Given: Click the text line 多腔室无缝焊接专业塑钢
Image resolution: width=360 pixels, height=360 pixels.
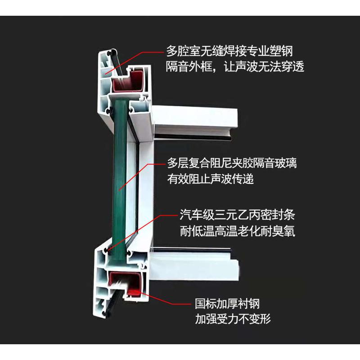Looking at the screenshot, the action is click(232, 51).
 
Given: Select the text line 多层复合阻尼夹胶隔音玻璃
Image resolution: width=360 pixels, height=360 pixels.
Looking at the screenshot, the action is click(232, 162).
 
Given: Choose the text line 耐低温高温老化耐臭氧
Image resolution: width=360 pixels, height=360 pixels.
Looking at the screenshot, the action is click(238, 231).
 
